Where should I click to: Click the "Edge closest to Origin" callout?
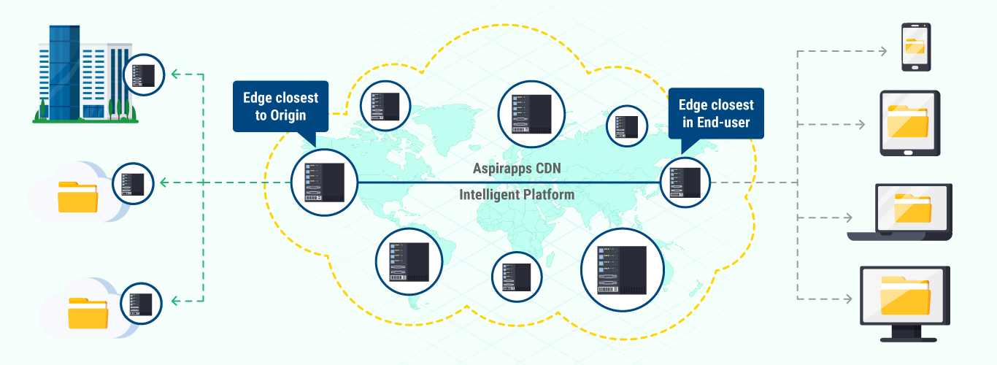pos(280,107)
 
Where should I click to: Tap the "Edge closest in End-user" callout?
pos(716,113)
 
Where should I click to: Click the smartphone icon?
pos(915,47)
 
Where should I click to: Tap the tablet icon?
pos(909,123)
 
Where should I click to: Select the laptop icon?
pos(899,212)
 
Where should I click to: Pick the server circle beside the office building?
pos(143,74)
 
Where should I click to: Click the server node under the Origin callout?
pos(324,183)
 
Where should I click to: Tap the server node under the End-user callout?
pos(685,182)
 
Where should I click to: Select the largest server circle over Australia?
pos(623,269)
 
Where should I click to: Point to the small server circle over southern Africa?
pos(517,277)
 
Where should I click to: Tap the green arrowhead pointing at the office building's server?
pos(174,74)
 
